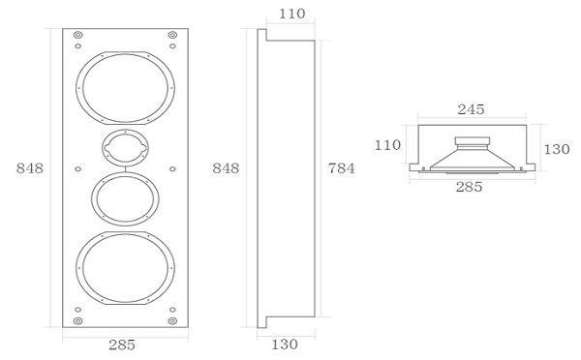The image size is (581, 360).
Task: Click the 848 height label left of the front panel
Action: pos(30,168)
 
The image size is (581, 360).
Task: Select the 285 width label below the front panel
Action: pos(122,345)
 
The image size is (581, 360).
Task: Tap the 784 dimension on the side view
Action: pos(341,168)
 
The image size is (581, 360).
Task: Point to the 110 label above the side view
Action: pos(292,14)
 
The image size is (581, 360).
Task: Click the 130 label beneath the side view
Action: pos(285,345)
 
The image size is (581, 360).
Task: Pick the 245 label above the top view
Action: pos(471,109)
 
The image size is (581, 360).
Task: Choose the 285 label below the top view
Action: pos(469,187)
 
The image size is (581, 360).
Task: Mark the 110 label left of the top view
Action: pos(387,145)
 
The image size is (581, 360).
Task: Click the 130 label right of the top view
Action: pos(557,149)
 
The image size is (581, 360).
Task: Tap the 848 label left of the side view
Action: pos(226,168)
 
